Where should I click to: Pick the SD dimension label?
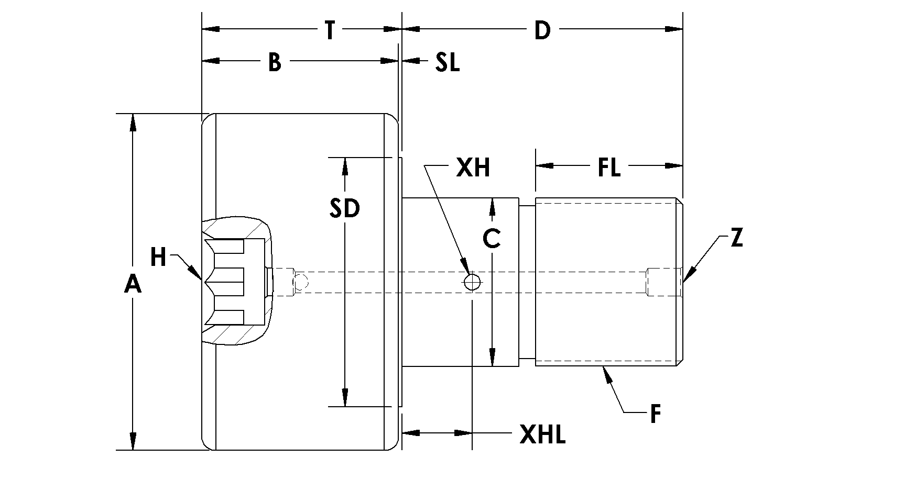tap(345, 208)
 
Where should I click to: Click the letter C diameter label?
tap(492, 238)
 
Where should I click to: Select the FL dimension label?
tap(609, 168)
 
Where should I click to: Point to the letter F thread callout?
tap(655, 414)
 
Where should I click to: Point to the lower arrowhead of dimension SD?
tap(345, 397)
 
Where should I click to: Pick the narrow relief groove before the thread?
tap(527, 282)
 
